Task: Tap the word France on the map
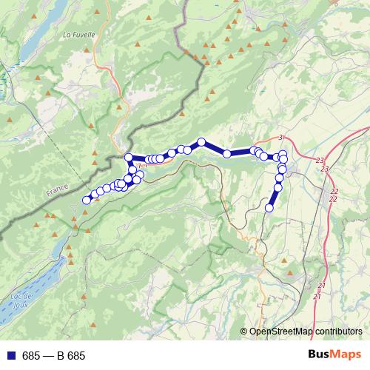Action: point(57,190)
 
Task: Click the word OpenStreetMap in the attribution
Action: point(278,332)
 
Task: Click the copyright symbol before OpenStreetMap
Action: point(243,332)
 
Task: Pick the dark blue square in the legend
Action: point(10,356)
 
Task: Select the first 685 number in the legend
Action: point(31,356)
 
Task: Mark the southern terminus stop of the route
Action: point(269,208)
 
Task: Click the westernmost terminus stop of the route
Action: point(87,199)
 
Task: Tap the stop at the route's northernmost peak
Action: point(201,141)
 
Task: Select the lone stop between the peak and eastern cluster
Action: point(227,154)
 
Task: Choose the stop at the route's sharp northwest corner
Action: point(129,157)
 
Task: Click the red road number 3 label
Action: point(281,138)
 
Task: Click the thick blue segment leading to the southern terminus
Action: point(274,198)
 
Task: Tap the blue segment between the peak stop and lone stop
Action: point(214,148)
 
